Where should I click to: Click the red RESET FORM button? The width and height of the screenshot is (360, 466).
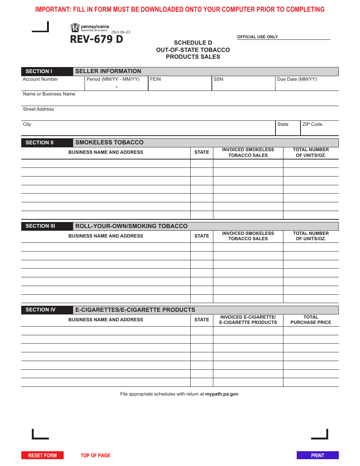coord(42,455)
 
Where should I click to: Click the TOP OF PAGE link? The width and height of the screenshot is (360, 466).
coord(95,455)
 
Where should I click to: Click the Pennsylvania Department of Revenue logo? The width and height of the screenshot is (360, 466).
coord(89,28)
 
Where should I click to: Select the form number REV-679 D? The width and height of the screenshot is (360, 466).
coord(96,39)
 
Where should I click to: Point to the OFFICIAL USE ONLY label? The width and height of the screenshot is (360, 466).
coord(257,37)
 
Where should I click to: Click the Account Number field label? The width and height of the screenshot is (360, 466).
coord(40,79)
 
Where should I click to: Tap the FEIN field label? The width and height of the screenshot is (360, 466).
coord(155,79)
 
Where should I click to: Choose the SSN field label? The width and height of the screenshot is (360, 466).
coord(218,79)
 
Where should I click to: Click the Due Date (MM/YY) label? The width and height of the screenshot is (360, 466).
coord(297,79)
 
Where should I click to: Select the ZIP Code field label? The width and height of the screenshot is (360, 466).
coord(312,124)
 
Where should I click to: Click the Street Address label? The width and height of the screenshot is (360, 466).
coord(38,109)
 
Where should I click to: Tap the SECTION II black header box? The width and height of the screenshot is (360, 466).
coord(47,143)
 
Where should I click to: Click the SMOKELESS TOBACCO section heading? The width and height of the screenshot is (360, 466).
coord(109,142)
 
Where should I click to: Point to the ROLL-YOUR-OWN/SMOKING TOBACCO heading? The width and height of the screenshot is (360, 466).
coord(131,226)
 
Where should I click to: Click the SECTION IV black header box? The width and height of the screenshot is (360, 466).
coord(47,310)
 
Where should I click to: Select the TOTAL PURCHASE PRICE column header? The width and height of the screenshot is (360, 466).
coord(311,320)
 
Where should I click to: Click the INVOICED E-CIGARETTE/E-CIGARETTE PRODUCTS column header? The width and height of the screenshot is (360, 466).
coord(248,320)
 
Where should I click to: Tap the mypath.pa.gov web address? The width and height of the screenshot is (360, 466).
coord(222,394)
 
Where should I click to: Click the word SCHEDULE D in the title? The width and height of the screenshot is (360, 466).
coord(193,43)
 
